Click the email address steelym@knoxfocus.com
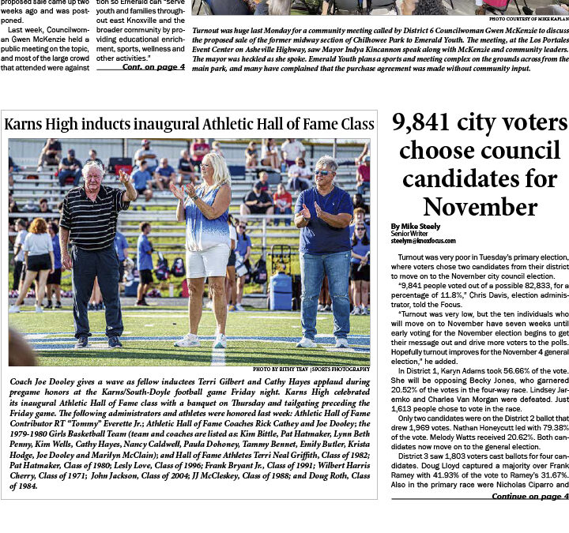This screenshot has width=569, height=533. pos(423,241)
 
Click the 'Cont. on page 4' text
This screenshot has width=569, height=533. pos(153,67)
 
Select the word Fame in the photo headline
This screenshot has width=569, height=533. pos(296,124)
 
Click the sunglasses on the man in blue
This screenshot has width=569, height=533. pos(324,172)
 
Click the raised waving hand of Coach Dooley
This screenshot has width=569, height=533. pos(124,176)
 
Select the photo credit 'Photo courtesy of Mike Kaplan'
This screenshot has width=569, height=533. pos(528,18)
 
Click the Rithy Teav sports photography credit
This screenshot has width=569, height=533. pos(311,369)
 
